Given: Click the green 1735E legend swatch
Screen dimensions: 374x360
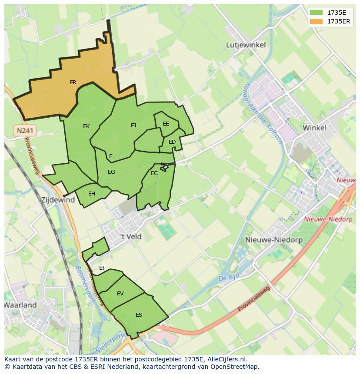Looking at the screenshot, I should [x=317, y=12].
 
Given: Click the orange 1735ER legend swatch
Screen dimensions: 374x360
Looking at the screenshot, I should [x=317, y=21].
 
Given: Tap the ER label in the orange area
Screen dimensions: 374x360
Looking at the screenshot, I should [x=73, y=83].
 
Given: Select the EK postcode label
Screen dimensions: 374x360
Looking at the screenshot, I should [x=86, y=126].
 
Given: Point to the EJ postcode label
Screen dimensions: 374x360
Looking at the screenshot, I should [x=133, y=126].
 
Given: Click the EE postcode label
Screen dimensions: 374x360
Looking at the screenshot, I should [x=166, y=124].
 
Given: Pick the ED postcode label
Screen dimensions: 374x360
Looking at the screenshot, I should [x=172, y=142].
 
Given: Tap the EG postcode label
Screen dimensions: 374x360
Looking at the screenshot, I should [x=111, y=172].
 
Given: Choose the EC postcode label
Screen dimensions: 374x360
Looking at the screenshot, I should [x=154, y=173].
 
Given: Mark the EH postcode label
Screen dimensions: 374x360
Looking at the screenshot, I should [x=92, y=194].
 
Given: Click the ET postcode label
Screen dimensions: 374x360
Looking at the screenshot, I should [x=102, y=268].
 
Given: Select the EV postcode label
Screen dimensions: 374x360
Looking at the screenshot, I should [x=120, y=294].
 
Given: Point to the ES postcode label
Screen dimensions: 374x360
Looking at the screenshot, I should [x=139, y=315].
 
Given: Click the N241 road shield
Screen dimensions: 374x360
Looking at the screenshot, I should [x=26, y=130].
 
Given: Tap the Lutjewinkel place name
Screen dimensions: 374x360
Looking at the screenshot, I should [x=246, y=45].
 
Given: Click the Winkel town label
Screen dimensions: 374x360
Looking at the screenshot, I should [x=314, y=128].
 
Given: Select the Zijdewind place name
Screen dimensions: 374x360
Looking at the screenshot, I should [x=58, y=200].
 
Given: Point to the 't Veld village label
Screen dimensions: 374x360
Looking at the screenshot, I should [x=131, y=237].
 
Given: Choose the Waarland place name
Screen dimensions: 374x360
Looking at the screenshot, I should [x=20, y=305].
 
